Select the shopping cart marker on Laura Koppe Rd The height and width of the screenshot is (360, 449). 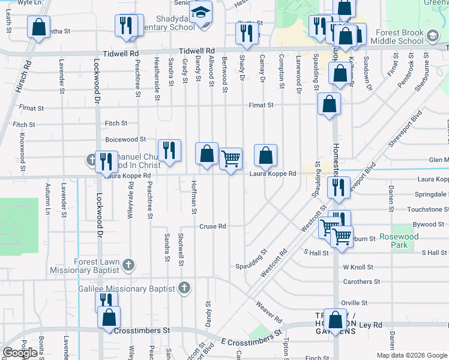coord(231,159)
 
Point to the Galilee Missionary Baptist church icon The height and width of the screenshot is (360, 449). coord(184,289)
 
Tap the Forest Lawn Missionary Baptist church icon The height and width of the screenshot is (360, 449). coord(128,264)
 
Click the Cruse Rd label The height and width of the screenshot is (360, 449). coord(212,226)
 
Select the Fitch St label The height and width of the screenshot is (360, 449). coord(116,123)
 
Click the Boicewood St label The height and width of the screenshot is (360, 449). coord(125,139)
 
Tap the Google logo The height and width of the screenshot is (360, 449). coord(19,353)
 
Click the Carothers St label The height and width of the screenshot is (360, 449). coord(361,281)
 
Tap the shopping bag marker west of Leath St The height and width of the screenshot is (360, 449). coord(38,28)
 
